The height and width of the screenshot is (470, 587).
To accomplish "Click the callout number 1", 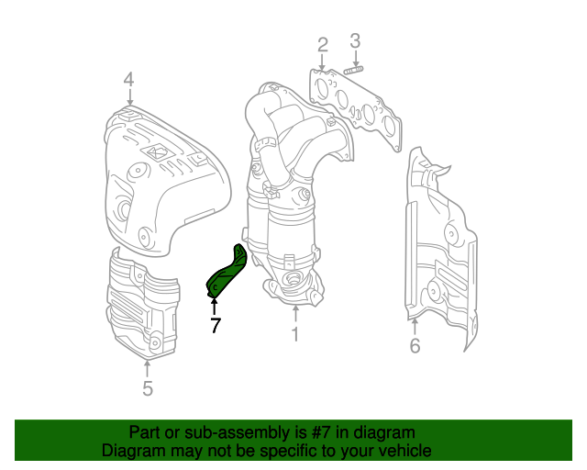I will pyautogui.click(x=295, y=336).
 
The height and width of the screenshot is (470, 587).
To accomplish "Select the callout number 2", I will pyautogui.click(x=323, y=44).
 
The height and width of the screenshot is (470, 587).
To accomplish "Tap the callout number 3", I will pyautogui.click(x=355, y=40).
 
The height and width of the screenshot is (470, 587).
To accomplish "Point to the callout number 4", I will pyautogui.click(x=129, y=80).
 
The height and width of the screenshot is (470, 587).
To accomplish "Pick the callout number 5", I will pyautogui.click(x=148, y=388).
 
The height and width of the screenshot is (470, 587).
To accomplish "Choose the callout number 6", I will pyautogui.click(x=415, y=346).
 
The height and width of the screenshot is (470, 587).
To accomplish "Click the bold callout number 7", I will pyautogui.click(x=215, y=324).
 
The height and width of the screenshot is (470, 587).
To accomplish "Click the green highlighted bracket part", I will pyautogui.click(x=227, y=274).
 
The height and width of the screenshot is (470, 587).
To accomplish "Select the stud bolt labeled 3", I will pyautogui.click(x=354, y=67).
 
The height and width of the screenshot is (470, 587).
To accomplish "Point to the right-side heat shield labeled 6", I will pyautogui.click(x=440, y=248).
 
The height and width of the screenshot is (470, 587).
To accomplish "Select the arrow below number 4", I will pyautogui.click(x=129, y=99).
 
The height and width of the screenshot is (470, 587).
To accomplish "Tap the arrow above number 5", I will pyautogui.click(x=147, y=367).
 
